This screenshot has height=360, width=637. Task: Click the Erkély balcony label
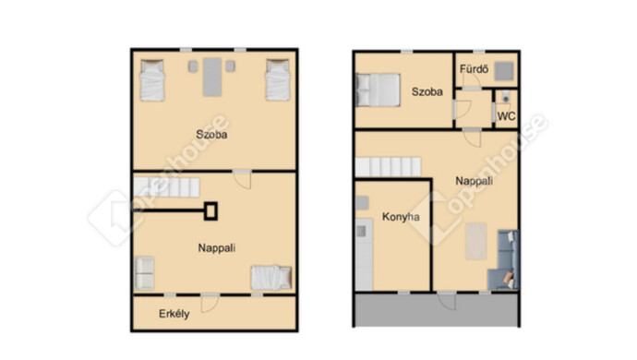coord(174,314)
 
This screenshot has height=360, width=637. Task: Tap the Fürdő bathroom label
coord(474,69)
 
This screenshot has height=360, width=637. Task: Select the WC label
coord(506,116)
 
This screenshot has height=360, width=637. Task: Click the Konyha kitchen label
coord(401,217)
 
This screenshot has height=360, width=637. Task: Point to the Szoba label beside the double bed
coord(427,91)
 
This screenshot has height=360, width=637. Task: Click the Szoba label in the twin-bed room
coord(211,135)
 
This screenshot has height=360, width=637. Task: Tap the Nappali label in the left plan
coord(217,248)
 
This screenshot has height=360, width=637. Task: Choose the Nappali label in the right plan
coord(475,181)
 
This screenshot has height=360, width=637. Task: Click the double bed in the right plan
coord(378,90)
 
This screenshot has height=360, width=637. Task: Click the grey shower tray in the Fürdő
coord(504,71)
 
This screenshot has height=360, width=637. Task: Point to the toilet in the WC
coord(505,97)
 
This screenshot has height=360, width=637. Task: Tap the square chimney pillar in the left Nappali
coord(210,211)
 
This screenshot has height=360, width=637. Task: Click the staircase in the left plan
coord(166,186)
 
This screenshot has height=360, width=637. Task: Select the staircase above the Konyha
coord(388,167)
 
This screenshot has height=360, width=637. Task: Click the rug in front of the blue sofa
coord(475,241)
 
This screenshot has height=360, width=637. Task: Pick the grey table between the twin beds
coord(212,78)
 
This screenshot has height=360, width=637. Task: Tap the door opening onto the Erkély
coord(210,303)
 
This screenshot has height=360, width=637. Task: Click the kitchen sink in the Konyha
coord(361,231)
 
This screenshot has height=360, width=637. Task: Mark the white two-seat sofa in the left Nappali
coord(144,273)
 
